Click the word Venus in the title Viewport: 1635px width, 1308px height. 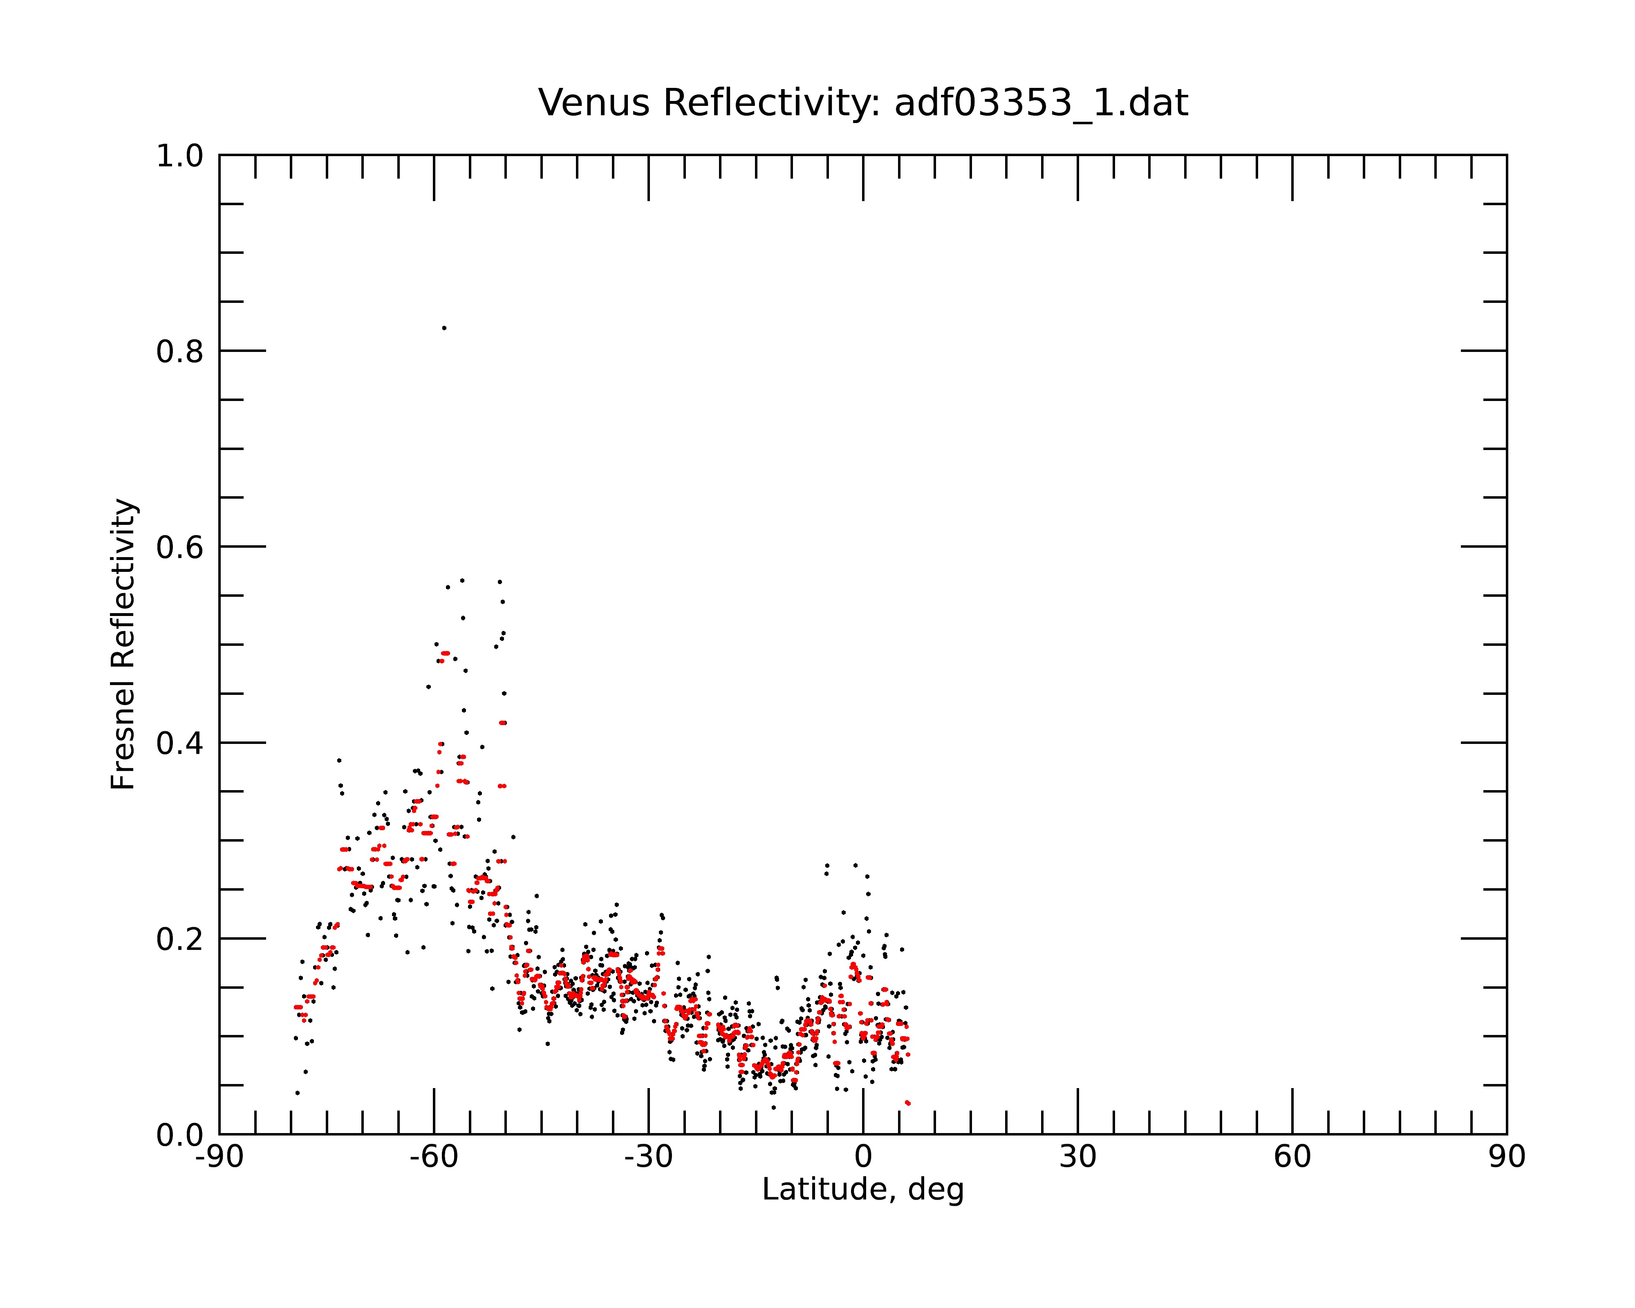coord(594,103)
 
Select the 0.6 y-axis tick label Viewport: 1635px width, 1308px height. coord(180,547)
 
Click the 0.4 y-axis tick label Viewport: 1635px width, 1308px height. coord(180,743)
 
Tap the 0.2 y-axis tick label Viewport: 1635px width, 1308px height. coord(180,939)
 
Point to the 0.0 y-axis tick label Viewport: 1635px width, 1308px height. coord(180,1135)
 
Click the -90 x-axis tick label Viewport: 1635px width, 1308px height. coord(219,1157)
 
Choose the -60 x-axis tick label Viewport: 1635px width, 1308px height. coord(434,1157)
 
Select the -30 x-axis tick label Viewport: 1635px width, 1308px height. coord(648,1157)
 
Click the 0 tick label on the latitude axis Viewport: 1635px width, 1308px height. coord(863,1157)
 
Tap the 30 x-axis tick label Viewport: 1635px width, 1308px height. coord(1077,1157)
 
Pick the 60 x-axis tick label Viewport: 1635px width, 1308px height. coord(1292,1157)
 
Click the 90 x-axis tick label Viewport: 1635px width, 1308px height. coord(1507,1157)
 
